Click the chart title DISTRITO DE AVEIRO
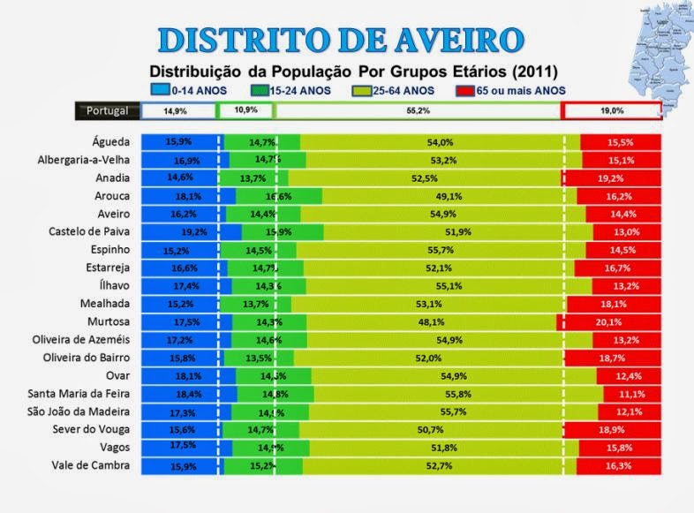click(341, 40)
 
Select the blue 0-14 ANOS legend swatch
click(160, 89)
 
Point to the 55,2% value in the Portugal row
click(418, 110)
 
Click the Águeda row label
click(111, 142)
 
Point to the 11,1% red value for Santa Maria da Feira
click(630, 394)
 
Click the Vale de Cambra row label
click(94, 466)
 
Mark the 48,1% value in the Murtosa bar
click(431, 322)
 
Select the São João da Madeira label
click(80, 412)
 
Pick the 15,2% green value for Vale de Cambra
click(262, 466)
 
